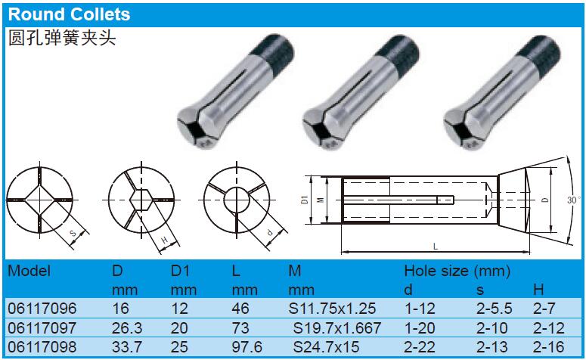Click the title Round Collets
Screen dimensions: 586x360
[x=69, y=14]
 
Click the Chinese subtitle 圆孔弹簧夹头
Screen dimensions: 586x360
[x=62, y=38]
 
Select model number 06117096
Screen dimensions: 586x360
[x=42, y=309]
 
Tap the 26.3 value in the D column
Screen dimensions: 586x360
[x=127, y=327]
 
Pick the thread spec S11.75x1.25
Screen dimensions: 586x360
[x=332, y=309]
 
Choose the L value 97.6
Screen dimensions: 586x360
[x=247, y=347]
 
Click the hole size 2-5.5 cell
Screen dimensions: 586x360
[x=494, y=309]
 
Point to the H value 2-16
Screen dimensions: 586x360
[x=549, y=347]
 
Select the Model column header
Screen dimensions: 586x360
[x=29, y=271]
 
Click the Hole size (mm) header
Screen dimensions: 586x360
[x=457, y=271]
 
